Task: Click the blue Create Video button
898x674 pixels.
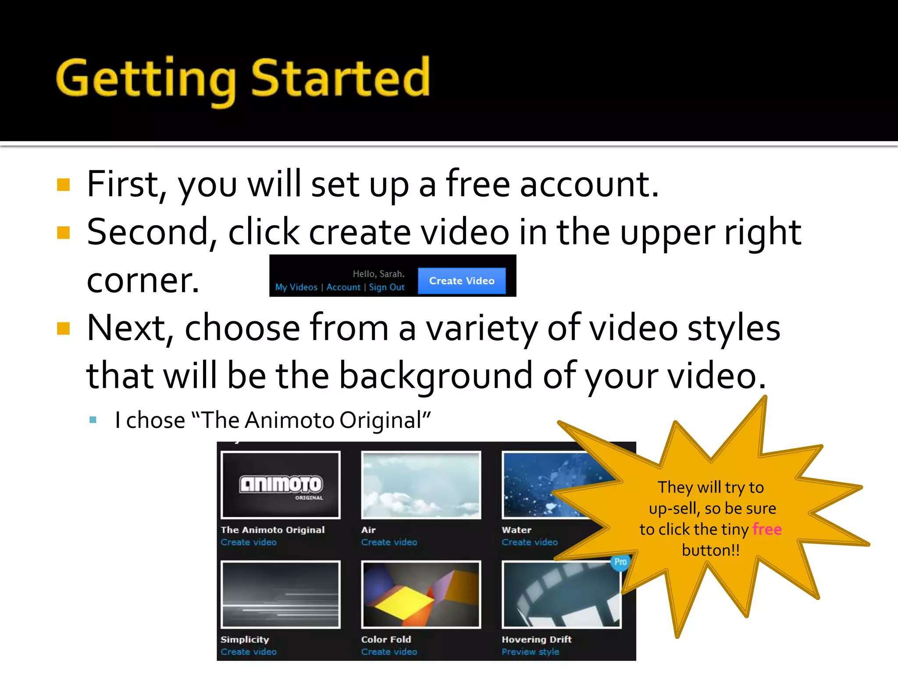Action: pyautogui.click(x=461, y=281)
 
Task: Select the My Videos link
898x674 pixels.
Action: pyautogui.click(x=296, y=287)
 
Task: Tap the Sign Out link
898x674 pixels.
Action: pyautogui.click(x=386, y=287)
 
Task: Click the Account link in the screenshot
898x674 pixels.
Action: pyautogui.click(x=343, y=287)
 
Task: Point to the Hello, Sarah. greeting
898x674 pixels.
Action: pyautogui.click(x=378, y=274)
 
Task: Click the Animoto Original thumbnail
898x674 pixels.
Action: pyautogui.click(x=281, y=485)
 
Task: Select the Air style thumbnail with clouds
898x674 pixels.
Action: pyautogui.click(x=421, y=485)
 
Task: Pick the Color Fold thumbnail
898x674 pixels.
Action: pyautogui.click(x=421, y=594)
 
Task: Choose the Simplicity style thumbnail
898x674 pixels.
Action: pyautogui.click(x=281, y=594)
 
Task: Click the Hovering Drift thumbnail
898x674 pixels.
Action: pyautogui.click(x=561, y=594)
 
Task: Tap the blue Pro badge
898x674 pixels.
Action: pyautogui.click(x=620, y=562)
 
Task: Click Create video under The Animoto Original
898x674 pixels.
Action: pyautogui.click(x=249, y=542)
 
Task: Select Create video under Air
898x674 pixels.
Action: pyautogui.click(x=389, y=542)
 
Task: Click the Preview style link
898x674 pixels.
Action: pyautogui.click(x=531, y=652)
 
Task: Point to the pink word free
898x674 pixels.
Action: pyautogui.click(x=767, y=529)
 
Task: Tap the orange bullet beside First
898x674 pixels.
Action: pyautogui.click(x=64, y=185)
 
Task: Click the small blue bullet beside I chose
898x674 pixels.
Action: pyautogui.click(x=93, y=420)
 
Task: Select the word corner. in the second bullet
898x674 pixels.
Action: pyautogui.click(x=143, y=281)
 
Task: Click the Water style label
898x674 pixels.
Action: pyautogui.click(x=517, y=530)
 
